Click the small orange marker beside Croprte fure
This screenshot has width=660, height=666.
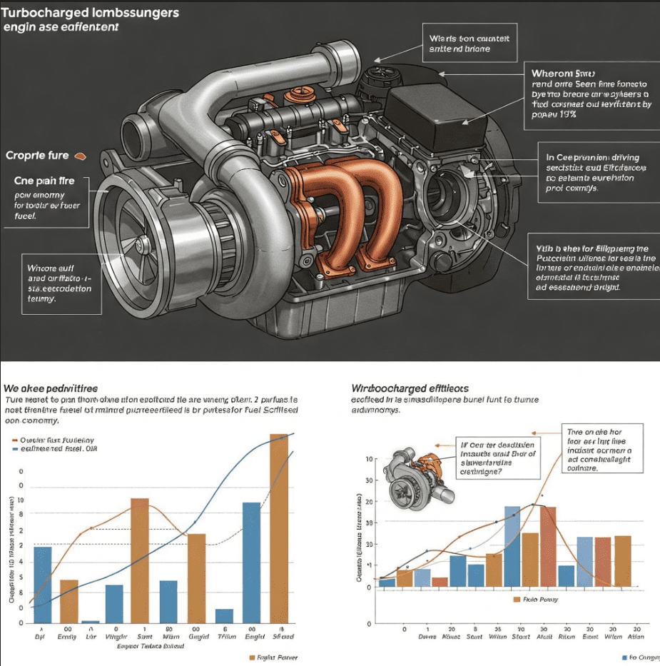(78, 155)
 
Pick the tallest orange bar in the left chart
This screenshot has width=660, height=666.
(279, 528)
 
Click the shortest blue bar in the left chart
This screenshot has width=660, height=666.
(90, 622)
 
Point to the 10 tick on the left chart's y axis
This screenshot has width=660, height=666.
(20, 500)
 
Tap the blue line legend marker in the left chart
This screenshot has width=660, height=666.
(16, 450)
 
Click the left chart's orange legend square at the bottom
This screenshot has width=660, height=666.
(251, 657)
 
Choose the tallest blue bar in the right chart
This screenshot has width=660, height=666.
(512, 546)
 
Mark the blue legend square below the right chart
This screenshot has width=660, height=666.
(625, 657)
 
